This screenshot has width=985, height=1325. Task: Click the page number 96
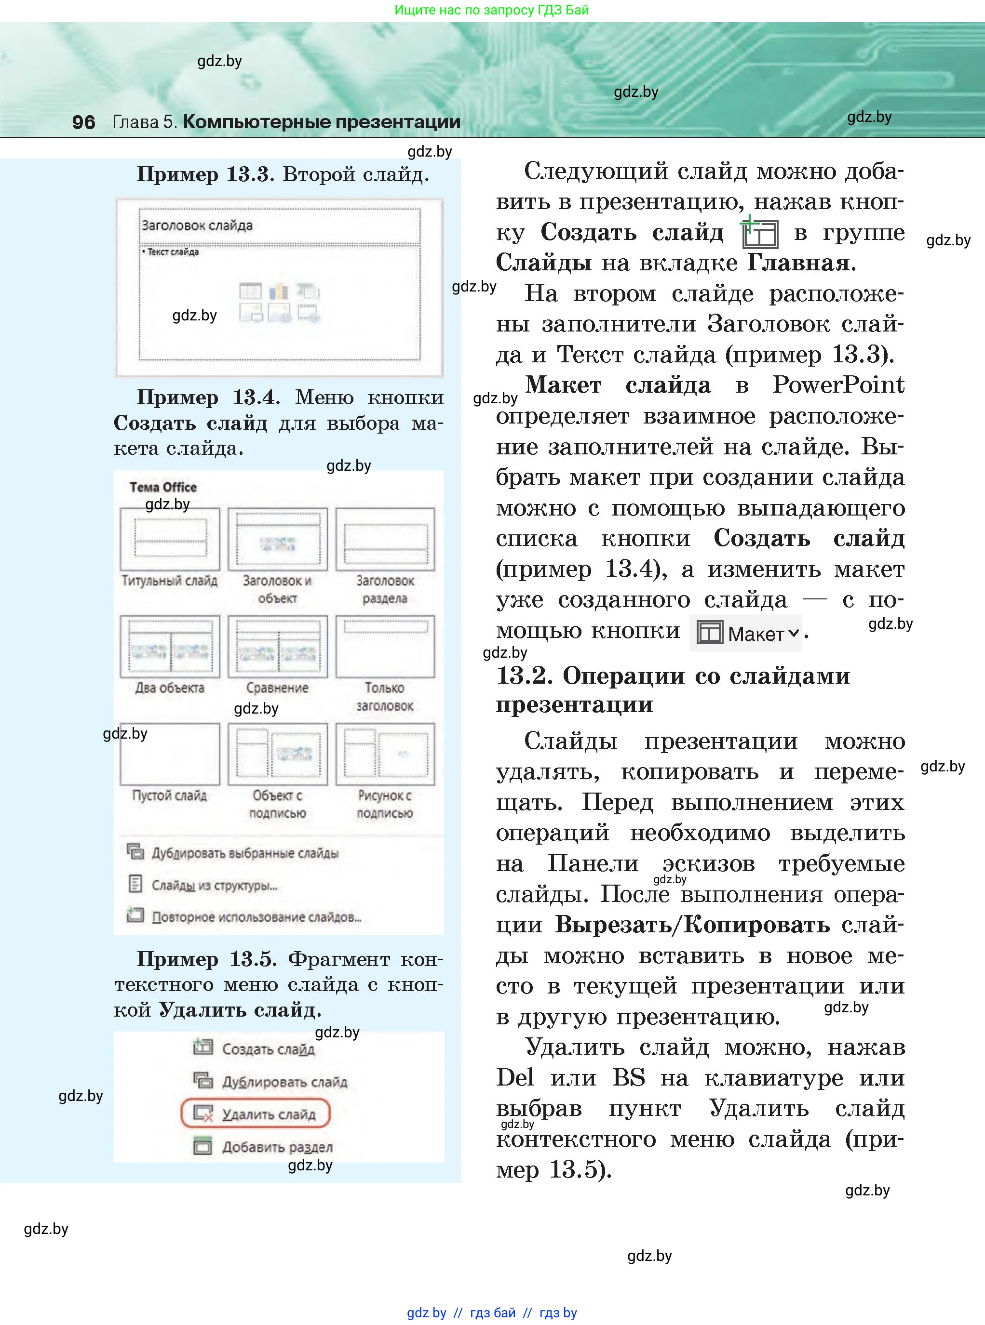pyautogui.click(x=83, y=122)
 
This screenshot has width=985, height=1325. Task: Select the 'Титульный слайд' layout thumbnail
pyautogui.click(x=170, y=539)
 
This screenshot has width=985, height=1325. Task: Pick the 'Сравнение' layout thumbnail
pyautogui.click(x=277, y=647)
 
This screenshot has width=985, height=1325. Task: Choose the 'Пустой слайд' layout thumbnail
pyautogui.click(x=170, y=754)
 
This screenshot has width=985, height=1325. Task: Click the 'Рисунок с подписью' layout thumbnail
pyautogui.click(x=385, y=754)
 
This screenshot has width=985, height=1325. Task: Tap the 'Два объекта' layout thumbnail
pyautogui.click(x=170, y=647)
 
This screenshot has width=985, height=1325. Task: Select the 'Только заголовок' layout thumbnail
pyautogui.click(x=385, y=647)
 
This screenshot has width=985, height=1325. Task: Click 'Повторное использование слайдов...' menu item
pyautogui.click(x=256, y=917)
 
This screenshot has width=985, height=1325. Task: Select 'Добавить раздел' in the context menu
pyautogui.click(x=277, y=1147)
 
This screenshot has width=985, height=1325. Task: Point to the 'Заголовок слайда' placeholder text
pyautogui.click(x=197, y=225)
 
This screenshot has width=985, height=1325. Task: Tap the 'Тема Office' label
pyautogui.click(x=163, y=487)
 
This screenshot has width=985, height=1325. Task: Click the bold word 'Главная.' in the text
pyautogui.click(x=801, y=263)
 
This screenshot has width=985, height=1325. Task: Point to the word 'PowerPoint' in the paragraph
pyautogui.click(x=838, y=385)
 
